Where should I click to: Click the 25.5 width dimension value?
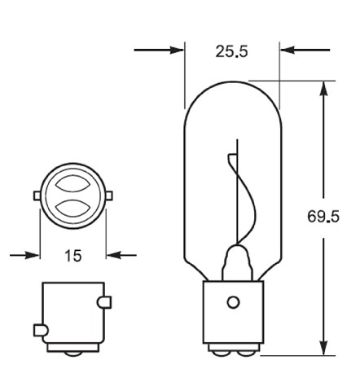click(231, 51)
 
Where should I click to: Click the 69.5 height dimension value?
click(323, 217)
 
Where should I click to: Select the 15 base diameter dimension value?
click(73, 256)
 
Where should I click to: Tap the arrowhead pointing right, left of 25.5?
click(178, 50)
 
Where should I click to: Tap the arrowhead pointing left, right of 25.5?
click(288, 50)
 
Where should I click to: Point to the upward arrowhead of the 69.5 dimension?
click(323, 88)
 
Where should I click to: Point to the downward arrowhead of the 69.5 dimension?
click(323, 348)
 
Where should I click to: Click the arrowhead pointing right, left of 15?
click(33, 255)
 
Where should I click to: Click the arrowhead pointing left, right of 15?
click(113, 255)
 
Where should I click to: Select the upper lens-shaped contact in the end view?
click(72, 183)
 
